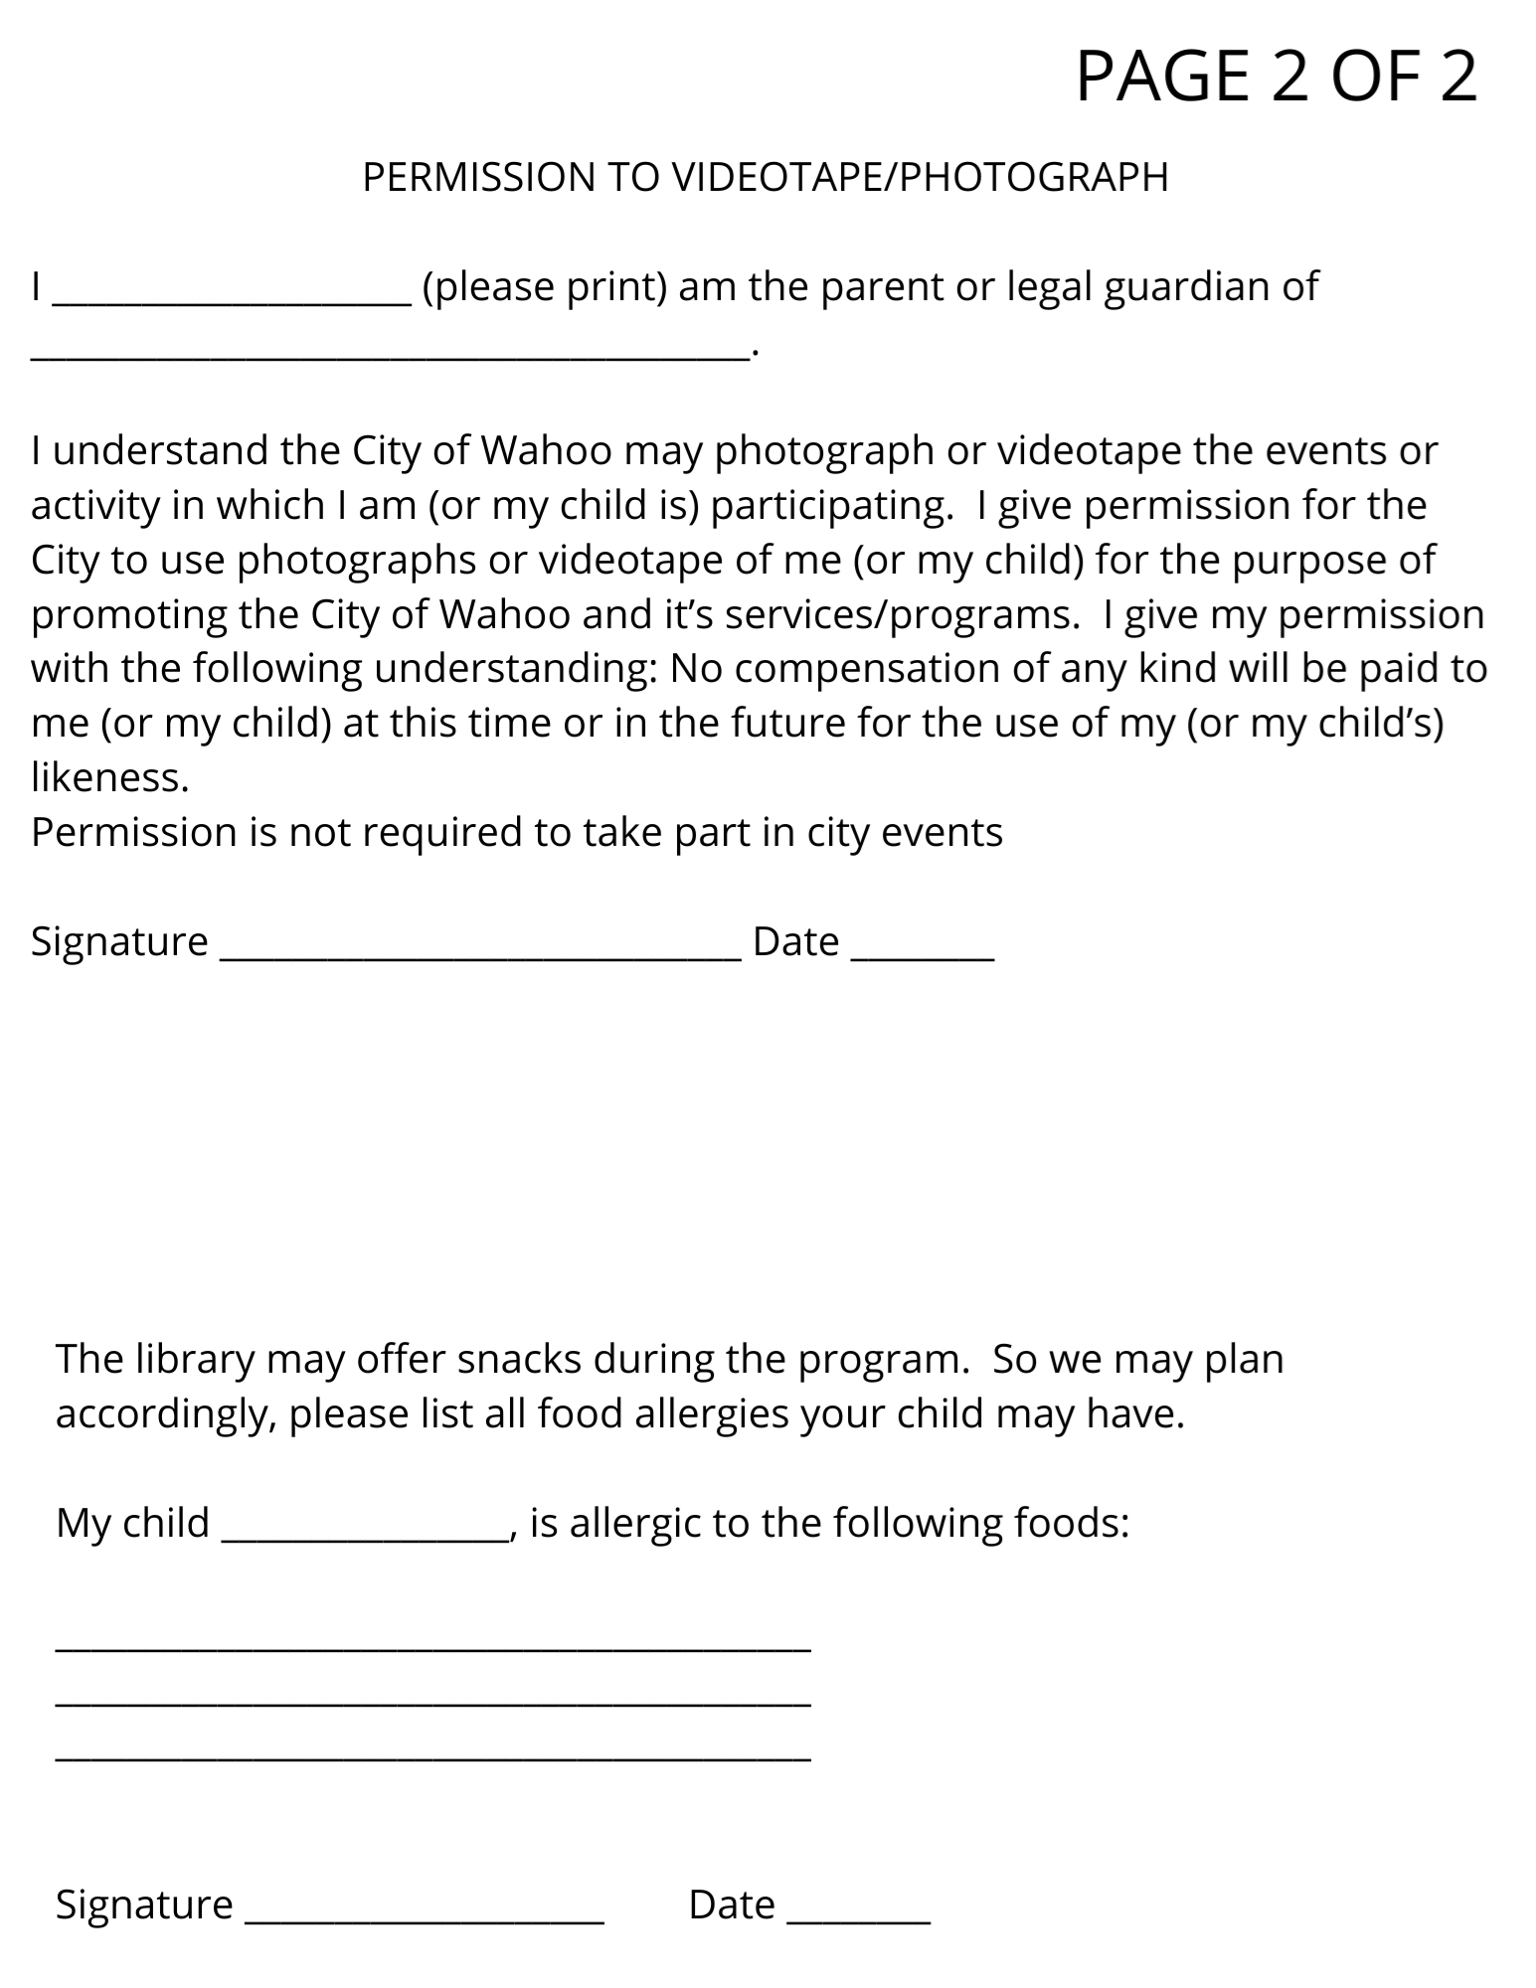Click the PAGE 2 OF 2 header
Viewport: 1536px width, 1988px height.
coord(1276,77)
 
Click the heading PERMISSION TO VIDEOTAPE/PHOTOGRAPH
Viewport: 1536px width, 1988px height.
coord(765,177)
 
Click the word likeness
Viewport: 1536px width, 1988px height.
coord(109,777)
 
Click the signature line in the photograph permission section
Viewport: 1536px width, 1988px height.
coord(479,955)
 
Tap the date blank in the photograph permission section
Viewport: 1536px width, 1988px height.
coord(923,955)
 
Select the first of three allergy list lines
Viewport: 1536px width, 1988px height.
coord(433,1649)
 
